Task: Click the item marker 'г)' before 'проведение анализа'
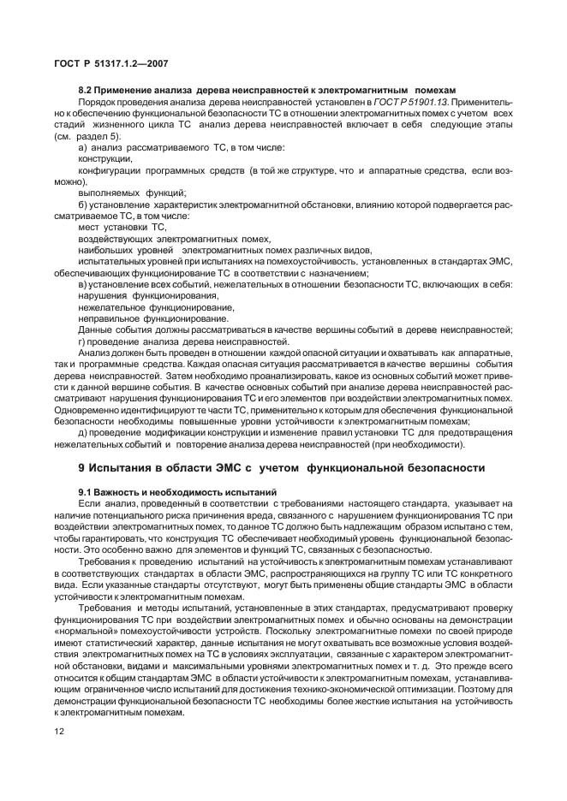click(x=82, y=341)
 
